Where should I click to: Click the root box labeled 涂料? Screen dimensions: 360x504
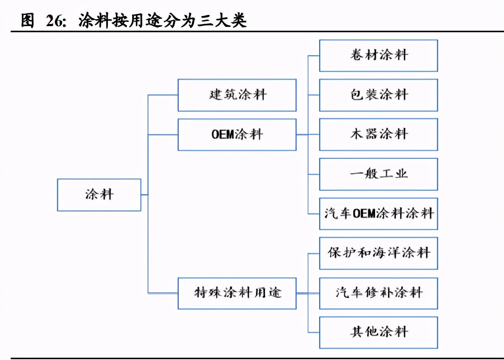(99, 195)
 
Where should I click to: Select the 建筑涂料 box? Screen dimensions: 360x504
(237, 95)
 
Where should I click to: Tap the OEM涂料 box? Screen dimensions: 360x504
(237, 134)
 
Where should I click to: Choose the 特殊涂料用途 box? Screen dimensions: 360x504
(237, 293)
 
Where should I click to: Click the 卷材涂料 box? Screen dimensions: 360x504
(378, 56)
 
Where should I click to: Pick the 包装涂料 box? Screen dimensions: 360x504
(378, 95)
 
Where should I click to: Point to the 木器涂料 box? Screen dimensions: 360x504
(378, 134)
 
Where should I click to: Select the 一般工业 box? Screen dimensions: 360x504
(378, 174)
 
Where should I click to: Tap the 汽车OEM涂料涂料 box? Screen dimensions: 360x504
(378, 214)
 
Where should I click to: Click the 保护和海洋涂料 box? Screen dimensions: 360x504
(378, 253)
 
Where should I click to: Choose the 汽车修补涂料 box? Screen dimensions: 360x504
(378, 293)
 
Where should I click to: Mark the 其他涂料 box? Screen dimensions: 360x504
(378, 332)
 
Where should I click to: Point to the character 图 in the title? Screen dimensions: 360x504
(28, 20)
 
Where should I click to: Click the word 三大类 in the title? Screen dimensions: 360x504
(222, 20)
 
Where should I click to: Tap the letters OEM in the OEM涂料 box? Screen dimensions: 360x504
(222, 134)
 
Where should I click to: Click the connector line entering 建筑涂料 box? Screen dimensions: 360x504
(163, 95)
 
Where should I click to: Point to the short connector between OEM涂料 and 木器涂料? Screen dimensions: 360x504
(308, 135)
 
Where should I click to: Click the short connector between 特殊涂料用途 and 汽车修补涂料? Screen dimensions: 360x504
(308, 293)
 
